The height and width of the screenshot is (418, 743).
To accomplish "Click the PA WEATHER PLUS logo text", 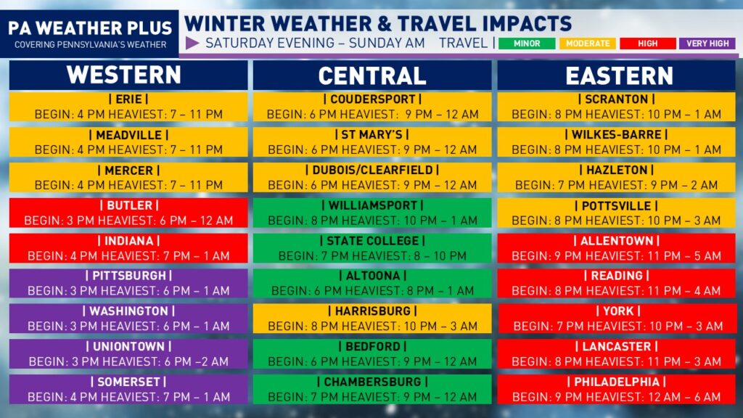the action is [90, 28].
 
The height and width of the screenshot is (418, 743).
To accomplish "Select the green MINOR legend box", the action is [527, 43].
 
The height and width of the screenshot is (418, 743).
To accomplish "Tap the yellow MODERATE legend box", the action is [588, 43].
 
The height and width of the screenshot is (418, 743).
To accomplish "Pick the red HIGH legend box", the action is [648, 43].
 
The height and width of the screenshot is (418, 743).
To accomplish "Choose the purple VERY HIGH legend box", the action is [707, 43].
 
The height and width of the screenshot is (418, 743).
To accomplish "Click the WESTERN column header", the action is [124, 75].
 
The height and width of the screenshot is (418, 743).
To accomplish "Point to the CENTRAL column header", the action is [372, 75].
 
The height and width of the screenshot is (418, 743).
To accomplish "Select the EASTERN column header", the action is [619, 75].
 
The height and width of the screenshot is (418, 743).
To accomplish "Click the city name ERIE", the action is [129, 99].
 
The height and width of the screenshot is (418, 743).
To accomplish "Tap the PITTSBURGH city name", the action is [129, 276].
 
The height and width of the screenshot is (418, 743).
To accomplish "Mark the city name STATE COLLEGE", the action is [372, 241].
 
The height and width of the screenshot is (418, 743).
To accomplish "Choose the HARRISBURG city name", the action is [372, 311].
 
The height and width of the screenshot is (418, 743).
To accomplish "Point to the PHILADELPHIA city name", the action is [617, 382].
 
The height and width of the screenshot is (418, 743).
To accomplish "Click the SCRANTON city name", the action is [617, 99].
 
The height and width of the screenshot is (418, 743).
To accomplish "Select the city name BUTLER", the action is [129, 205].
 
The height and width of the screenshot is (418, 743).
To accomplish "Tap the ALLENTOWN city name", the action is [617, 241].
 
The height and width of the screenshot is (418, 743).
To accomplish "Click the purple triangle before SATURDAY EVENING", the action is [192, 43].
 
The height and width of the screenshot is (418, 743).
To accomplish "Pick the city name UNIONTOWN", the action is [129, 346].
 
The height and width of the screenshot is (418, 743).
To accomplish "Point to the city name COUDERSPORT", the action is [372, 99].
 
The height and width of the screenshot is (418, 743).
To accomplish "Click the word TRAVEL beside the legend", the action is [463, 43].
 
